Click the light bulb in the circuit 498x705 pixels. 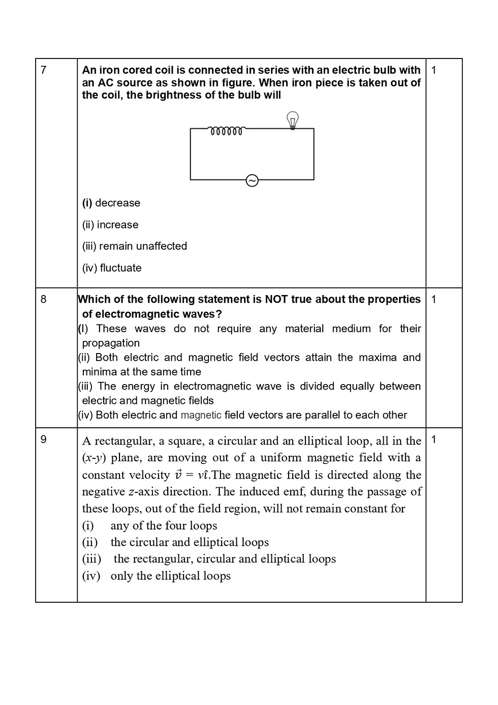(x=292, y=120)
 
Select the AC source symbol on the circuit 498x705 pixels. (x=252, y=180)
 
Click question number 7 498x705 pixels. (x=43, y=70)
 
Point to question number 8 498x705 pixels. (x=43, y=299)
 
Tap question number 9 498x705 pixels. (x=43, y=439)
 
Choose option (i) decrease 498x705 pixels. (x=111, y=203)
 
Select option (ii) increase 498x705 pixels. (x=110, y=225)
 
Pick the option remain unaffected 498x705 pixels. (x=135, y=246)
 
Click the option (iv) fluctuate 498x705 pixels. (x=112, y=268)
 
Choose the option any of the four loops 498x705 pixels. (x=163, y=525)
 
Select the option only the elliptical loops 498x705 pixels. (x=170, y=576)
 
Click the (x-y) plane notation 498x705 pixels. (x=94, y=458)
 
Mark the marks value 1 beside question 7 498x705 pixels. (x=433, y=70)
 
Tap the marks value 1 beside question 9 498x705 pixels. (x=433, y=439)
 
